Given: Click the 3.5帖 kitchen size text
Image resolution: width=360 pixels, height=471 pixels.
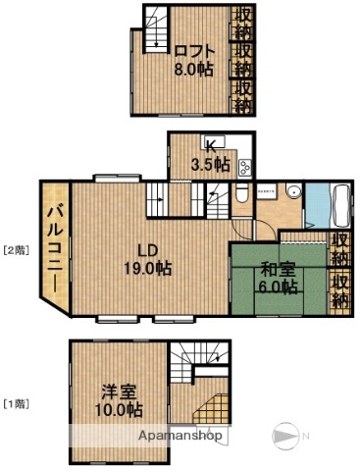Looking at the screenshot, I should pos(210,164).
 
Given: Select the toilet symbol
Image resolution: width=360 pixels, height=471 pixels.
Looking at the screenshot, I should pos(241,192).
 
